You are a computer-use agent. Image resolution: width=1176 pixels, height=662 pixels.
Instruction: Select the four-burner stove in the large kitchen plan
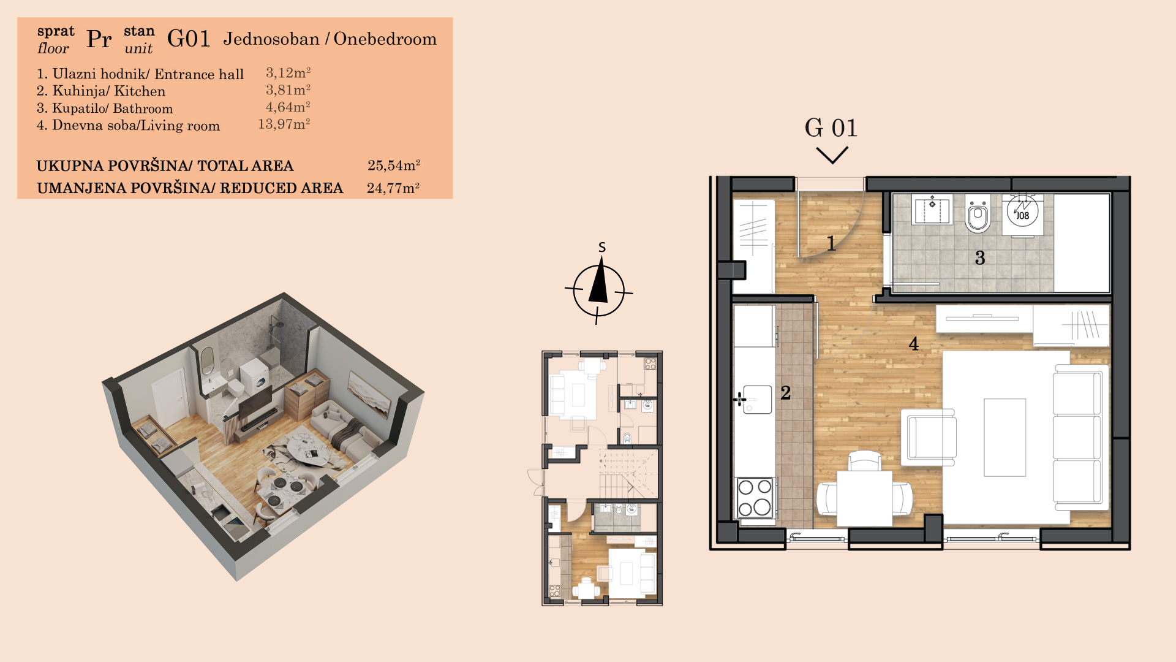755,498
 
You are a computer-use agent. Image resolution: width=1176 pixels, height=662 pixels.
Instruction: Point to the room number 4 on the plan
913,344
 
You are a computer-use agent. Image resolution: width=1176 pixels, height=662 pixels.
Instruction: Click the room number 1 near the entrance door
831,243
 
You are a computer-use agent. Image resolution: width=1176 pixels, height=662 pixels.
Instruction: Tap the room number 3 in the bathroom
980,257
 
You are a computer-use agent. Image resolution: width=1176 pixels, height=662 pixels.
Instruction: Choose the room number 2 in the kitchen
786,393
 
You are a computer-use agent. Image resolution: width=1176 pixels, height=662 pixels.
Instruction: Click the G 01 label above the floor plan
831,128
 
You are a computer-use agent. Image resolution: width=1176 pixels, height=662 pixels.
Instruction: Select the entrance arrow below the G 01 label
832,154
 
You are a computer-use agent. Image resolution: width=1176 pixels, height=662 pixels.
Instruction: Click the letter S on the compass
602,247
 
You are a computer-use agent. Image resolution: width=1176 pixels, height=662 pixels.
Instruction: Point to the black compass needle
599,280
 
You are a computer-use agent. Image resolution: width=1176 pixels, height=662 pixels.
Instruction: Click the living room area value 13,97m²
284,124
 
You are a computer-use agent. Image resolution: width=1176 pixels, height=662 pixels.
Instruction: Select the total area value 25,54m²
394,165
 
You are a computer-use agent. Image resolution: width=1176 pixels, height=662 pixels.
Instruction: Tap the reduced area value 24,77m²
393,188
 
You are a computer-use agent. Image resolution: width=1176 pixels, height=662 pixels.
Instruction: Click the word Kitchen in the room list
140,91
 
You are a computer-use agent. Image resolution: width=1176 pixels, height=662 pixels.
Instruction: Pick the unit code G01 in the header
189,39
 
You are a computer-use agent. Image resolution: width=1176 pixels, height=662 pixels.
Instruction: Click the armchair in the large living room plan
929,436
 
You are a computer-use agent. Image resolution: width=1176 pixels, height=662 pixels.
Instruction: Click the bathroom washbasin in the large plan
932,210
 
